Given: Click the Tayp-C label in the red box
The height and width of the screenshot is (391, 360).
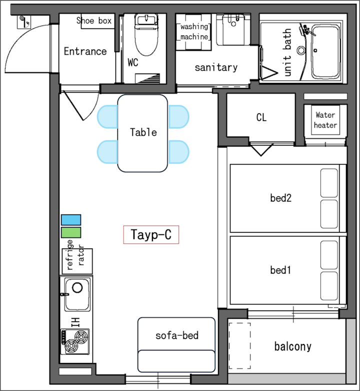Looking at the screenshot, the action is pyautogui.click(x=151, y=234).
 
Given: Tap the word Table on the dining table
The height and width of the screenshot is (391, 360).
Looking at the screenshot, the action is pyautogui.click(x=143, y=132).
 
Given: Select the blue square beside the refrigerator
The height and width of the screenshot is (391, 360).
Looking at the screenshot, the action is pyautogui.click(x=71, y=220).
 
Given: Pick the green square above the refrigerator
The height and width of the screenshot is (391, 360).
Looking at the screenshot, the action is pyautogui.click(x=71, y=232).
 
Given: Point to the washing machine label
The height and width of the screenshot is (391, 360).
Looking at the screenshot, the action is pyautogui.click(x=194, y=31).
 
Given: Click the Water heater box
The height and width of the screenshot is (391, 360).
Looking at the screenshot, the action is pyautogui.click(x=325, y=120).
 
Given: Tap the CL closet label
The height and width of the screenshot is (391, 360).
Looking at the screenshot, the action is pyautogui.click(x=261, y=117).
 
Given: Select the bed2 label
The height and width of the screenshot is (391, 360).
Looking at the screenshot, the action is pyautogui.click(x=280, y=198).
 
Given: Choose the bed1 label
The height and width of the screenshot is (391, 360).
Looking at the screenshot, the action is pyautogui.click(x=280, y=270).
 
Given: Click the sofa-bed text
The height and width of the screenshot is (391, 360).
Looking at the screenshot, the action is pyautogui.click(x=177, y=335).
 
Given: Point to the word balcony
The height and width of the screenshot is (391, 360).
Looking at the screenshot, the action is pyautogui.click(x=293, y=347).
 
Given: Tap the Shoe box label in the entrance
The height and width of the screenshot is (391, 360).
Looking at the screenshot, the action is pyautogui.click(x=94, y=20).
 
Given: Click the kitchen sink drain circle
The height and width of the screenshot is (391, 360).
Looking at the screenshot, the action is pyautogui.click(x=77, y=287).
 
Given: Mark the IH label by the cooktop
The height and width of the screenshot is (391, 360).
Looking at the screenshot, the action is pyautogui.click(x=75, y=322).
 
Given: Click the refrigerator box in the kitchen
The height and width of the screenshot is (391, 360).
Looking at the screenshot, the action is pyautogui.click(x=77, y=261).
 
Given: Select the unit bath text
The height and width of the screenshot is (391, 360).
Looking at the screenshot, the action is pyautogui.click(x=287, y=52).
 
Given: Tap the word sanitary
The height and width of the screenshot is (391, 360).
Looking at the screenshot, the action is pyautogui.click(x=216, y=67).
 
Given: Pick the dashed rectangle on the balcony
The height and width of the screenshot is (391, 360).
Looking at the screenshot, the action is pyautogui.click(x=240, y=345).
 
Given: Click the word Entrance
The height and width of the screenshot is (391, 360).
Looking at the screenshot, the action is pyautogui.click(x=85, y=51).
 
